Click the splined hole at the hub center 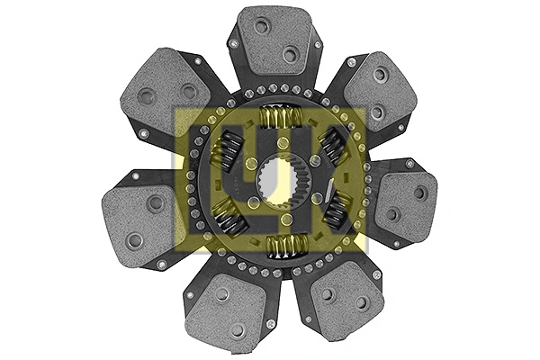coord(277,181)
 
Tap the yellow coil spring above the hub coord(281,117)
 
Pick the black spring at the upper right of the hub coord(335,143)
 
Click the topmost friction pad coord(275,40)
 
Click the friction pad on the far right coord(406,203)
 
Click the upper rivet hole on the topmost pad coord(262,27)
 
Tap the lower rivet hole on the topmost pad coord(290,54)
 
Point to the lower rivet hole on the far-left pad coord(135,240)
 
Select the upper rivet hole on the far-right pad coord(420,192)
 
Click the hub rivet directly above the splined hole coord(282,144)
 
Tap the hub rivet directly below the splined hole coord(284,219)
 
